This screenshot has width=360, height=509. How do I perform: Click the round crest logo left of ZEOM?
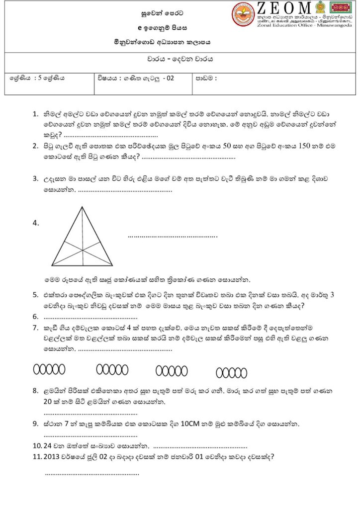[243, 15]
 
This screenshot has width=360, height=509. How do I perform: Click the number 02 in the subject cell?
[171, 78]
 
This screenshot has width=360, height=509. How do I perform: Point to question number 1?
[35, 114]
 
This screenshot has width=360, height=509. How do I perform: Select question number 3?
[36, 178]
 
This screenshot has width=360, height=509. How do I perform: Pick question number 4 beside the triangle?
[36, 223]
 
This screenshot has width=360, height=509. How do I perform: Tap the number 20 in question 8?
[49, 401]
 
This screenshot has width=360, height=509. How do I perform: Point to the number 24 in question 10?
[48, 445]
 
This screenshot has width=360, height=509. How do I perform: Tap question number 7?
[35, 328]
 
